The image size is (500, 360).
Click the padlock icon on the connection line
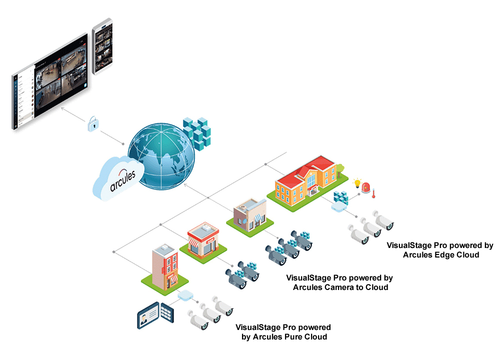92,124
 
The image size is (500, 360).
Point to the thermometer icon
373,192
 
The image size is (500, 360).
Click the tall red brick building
163,267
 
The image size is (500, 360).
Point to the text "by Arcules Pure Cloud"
284,337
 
